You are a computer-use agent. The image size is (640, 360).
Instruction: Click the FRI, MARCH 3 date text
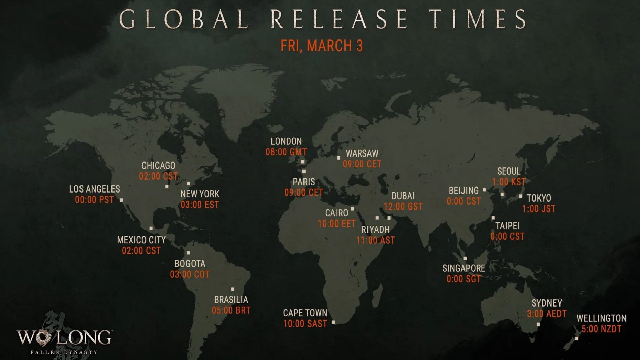click(321, 46)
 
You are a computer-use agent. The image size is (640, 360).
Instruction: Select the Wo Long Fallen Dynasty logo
click(64, 339)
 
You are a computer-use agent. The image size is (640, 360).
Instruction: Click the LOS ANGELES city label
click(94, 189)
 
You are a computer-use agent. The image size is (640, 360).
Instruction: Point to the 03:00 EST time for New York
click(200, 205)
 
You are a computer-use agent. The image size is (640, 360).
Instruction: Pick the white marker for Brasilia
click(233, 289)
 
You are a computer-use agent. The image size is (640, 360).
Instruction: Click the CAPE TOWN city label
click(305, 313)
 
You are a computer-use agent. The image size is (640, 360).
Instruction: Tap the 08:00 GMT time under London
click(286, 152)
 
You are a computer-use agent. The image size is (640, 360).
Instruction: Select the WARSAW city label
click(362, 154)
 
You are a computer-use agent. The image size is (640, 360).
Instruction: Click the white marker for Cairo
click(352, 209)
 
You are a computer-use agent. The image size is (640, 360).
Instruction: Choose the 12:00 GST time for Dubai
click(403, 207)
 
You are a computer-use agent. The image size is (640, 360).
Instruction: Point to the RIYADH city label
click(375, 230)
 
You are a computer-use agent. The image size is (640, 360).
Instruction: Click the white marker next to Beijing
click(484, 190)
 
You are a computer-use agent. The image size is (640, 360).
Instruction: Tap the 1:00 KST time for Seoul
click(509, 182)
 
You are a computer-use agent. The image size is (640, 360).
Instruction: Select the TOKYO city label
click(539, 198)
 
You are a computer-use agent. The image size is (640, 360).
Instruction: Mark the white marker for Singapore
click(465, 258)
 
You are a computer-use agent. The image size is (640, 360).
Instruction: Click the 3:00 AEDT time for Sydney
click(547, 314)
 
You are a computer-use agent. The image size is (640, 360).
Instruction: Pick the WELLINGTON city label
click(601, 318)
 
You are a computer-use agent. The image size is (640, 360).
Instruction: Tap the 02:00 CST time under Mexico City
click(141, 251)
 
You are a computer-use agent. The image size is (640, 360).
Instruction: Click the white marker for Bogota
click(188, 253)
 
